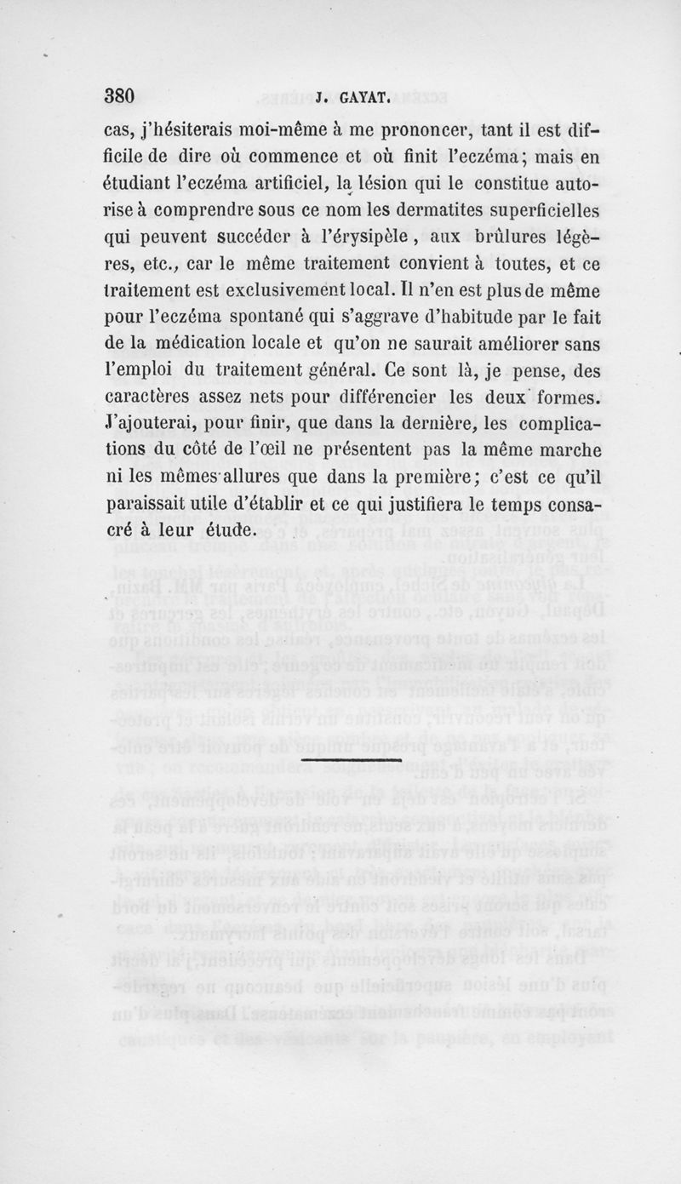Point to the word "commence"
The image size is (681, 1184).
click(x=312, y=158)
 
